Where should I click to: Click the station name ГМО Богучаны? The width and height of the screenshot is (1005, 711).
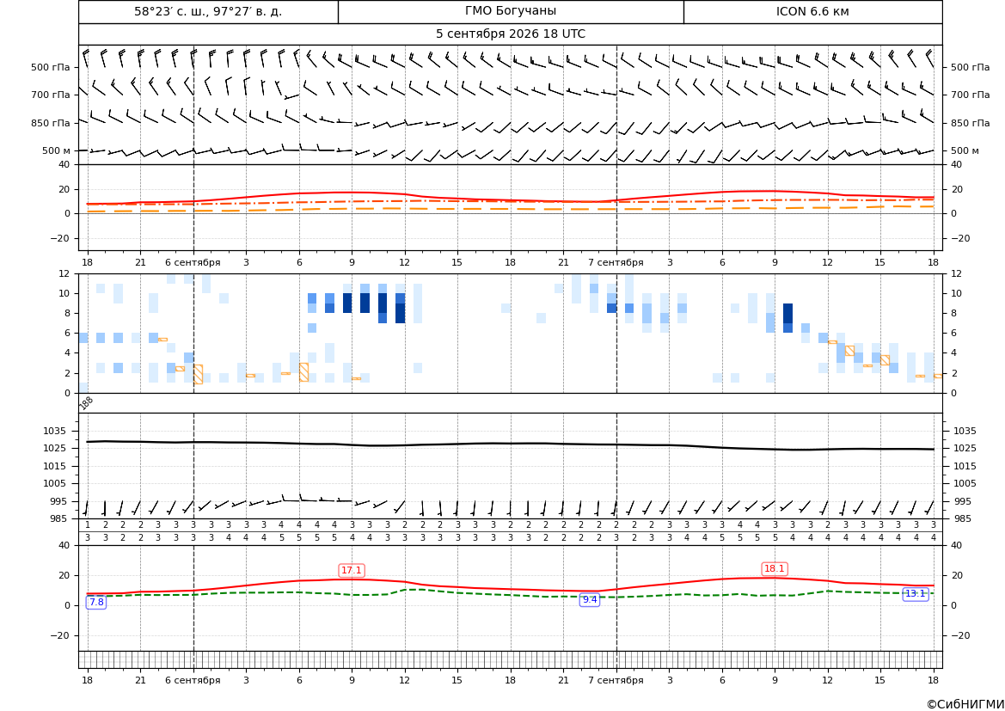coord(510,11)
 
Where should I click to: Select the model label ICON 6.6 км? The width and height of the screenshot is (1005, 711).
coord(812,11)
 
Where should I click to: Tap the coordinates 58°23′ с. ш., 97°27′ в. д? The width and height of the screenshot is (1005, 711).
coord(208,11)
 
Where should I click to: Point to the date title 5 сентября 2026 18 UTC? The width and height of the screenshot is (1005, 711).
coord(510,34)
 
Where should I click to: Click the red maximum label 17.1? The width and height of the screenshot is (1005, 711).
coord(352,570)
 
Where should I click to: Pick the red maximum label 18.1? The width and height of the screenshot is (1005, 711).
coord(775,568)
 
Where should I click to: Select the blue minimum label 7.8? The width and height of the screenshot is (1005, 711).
coord(96,602)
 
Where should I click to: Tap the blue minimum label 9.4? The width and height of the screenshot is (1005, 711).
coord(589,600)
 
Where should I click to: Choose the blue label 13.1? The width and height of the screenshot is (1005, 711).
coord(915,594)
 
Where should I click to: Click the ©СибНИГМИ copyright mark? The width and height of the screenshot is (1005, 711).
coord(965,705)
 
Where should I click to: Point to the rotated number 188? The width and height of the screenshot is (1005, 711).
coord(86,402)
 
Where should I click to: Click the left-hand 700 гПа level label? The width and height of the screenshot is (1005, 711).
coord(51,95)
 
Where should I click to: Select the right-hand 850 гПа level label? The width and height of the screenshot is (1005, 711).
coord(971,123)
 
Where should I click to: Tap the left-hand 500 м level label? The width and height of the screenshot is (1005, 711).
coord(57,150)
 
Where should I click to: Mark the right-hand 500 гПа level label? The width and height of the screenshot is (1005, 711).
coord(971,67)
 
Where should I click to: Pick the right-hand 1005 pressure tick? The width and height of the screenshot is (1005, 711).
coord(965,483)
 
